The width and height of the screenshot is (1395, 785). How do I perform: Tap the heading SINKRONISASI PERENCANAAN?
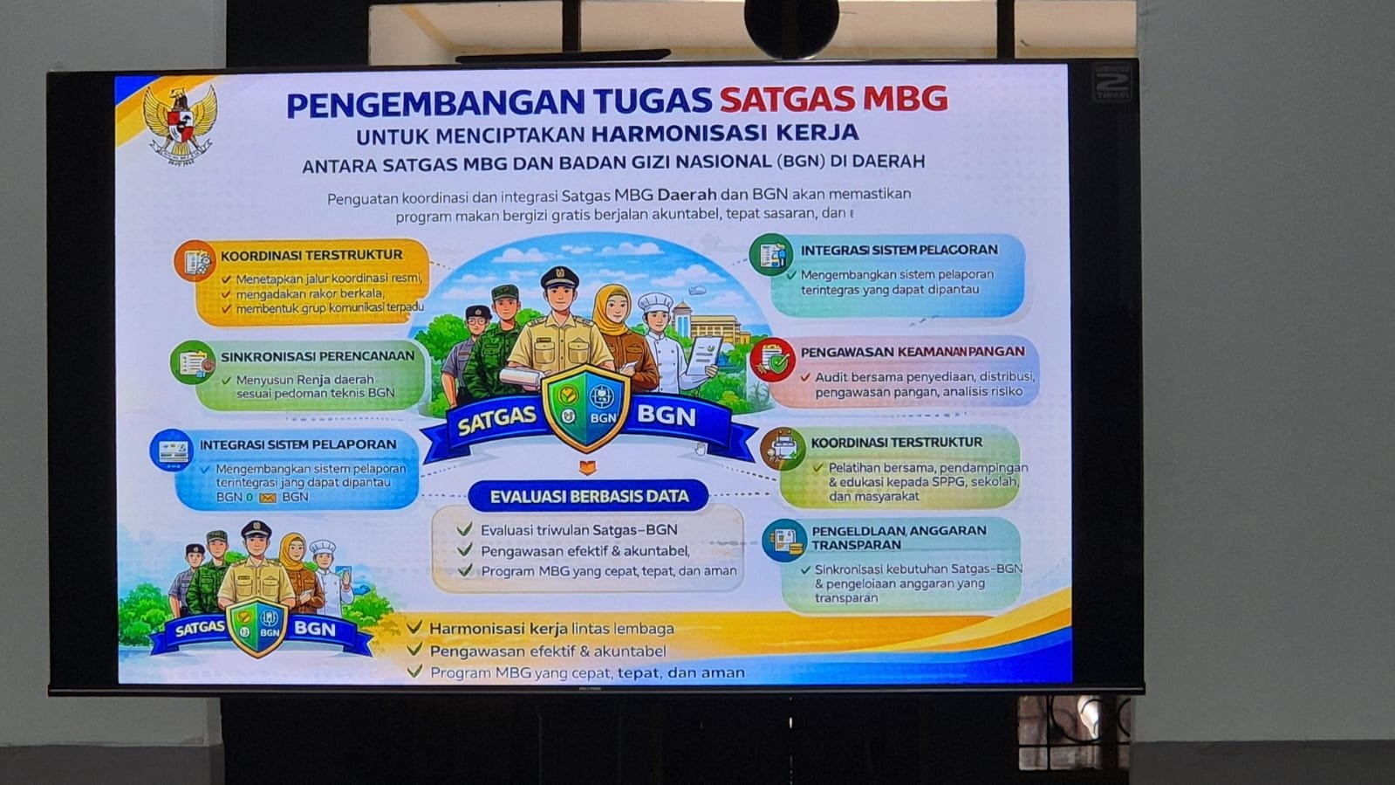click(318, 356)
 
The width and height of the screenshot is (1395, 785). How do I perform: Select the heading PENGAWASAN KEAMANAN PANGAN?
click(913, 352)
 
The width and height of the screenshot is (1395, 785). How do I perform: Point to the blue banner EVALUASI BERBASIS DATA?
click(589, 496)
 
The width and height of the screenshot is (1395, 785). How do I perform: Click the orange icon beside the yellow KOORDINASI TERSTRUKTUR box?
click(195, 260)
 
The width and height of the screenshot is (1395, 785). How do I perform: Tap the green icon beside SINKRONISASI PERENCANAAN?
click(193, 362)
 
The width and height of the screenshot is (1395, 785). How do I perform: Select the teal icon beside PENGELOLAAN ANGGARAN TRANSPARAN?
click(784, 540)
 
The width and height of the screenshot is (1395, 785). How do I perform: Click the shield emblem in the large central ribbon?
click(586, 406)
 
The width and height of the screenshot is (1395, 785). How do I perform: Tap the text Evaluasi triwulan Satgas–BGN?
click(578, 530)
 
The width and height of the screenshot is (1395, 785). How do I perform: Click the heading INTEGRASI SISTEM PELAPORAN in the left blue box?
click(297, 444)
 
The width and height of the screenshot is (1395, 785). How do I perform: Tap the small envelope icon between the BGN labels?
click(268, 498)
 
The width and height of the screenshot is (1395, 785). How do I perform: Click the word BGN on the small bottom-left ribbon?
click(314, 628)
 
